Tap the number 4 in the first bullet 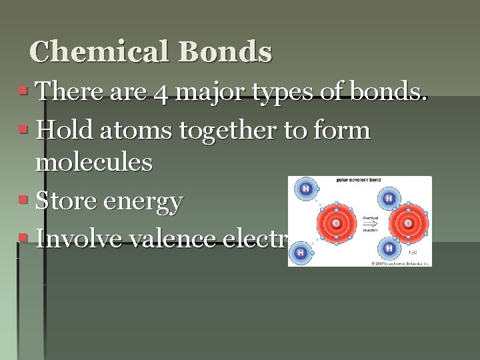(x=160, y=93)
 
